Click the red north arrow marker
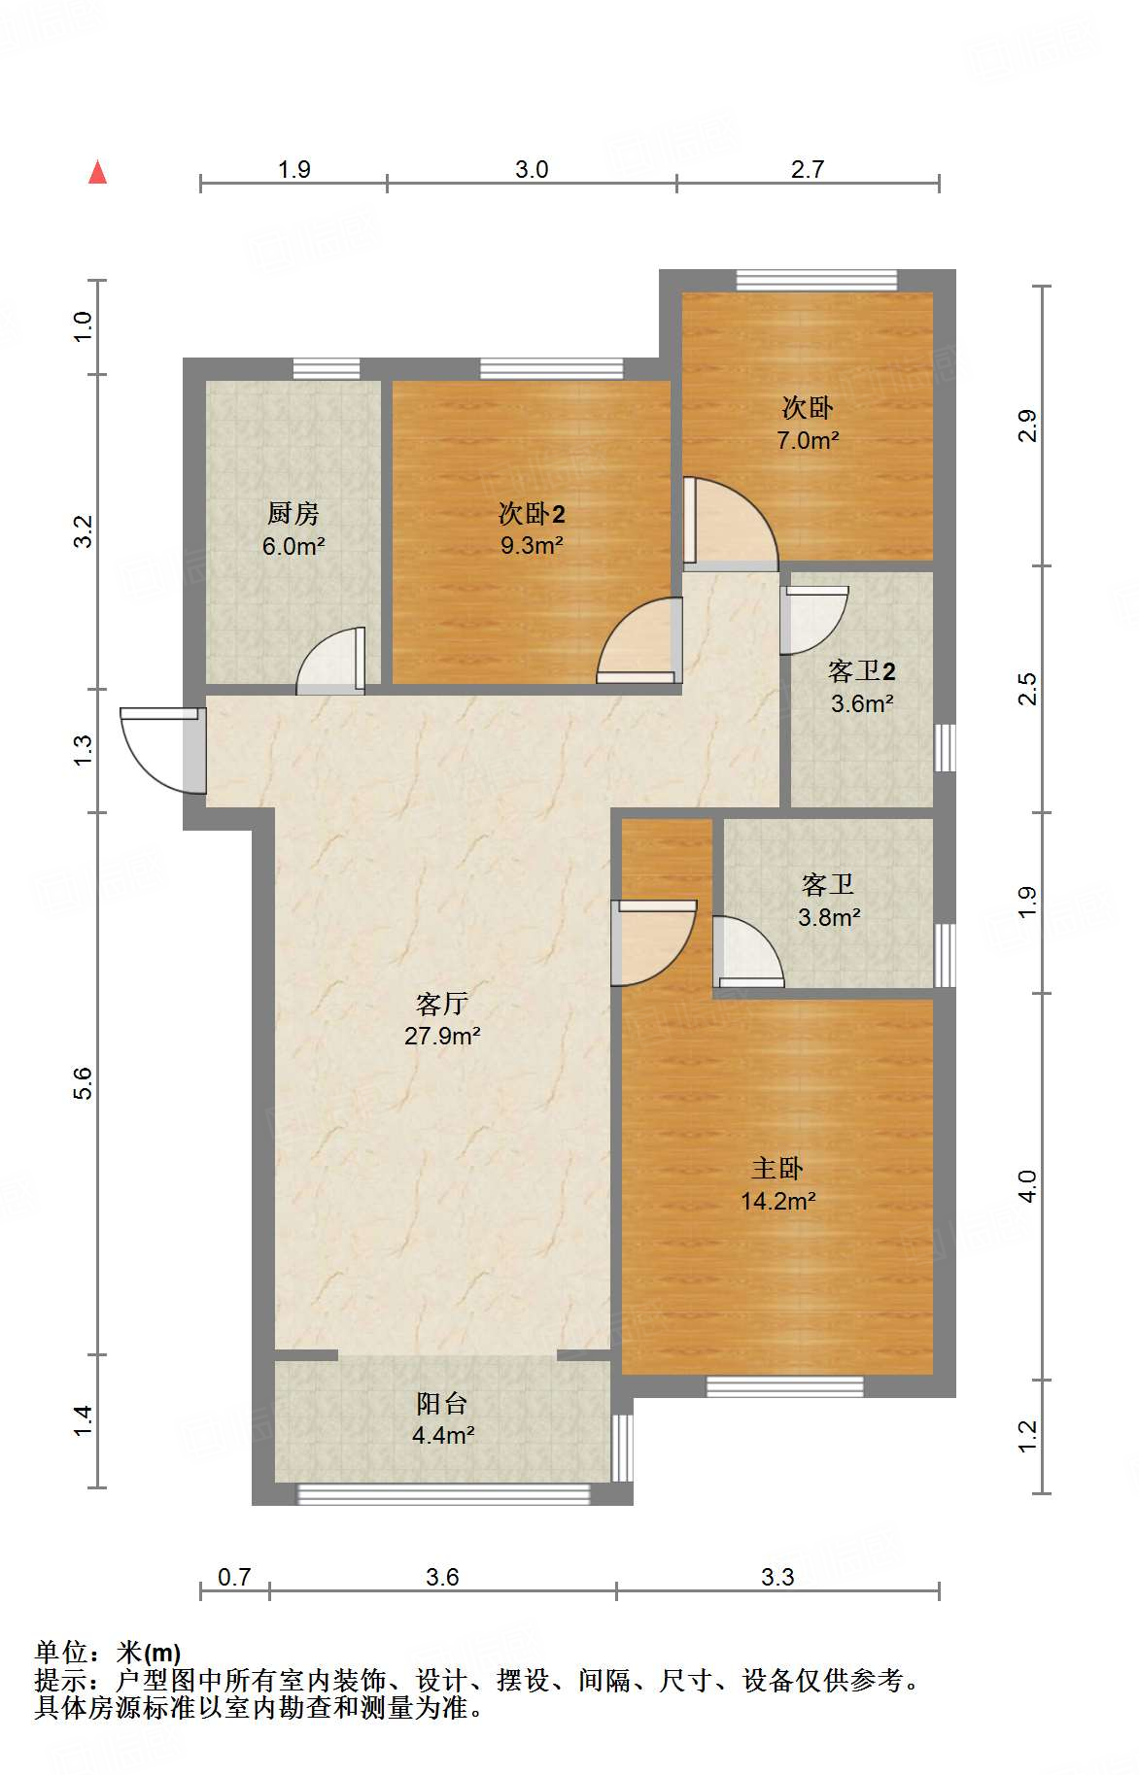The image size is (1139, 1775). (97, 172)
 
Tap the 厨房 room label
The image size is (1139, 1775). (293, 513)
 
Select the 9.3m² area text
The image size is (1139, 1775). (532, 545)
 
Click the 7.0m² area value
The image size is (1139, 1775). (808, 440)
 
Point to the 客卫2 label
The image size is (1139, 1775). (862, 671)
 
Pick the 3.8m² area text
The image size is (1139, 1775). (829, 916)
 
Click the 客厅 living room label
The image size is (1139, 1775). (442, 1004)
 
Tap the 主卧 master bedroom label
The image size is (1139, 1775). (777, 1169)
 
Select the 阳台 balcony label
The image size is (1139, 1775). (442, 1403)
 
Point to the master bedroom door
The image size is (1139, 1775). (653, 942)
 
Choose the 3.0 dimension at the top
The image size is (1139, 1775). (532, 170)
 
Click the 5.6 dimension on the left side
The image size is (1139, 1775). (84, 1082)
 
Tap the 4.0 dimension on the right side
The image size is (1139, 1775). (1027, 1186)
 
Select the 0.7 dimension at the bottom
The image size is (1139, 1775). (234, 1576)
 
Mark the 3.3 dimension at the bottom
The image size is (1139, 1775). (777, 1576)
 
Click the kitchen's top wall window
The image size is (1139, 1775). (327, 369)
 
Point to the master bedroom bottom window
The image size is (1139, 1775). (784, 1386)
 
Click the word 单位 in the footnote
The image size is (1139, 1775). (61, 1652)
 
